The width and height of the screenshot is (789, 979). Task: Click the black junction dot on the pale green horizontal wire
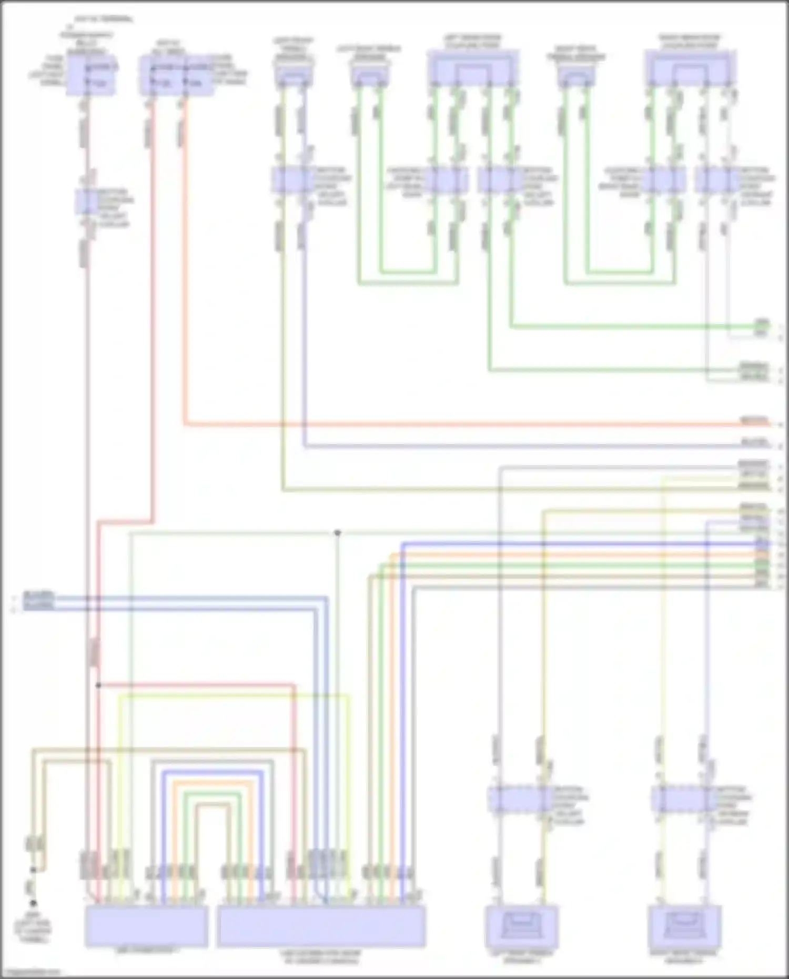337,533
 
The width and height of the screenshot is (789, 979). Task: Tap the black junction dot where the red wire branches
98,685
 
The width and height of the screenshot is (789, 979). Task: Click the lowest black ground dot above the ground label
33,903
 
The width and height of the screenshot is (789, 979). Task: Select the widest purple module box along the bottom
321,926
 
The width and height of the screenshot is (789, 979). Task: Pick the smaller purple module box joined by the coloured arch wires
146,926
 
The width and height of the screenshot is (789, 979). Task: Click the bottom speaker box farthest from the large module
684,926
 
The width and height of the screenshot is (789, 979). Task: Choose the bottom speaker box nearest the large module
521,926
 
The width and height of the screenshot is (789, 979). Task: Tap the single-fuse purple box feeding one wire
90,77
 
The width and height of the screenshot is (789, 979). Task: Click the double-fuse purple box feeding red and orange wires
176,77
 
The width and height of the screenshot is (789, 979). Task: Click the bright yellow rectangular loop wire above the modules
231,695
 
